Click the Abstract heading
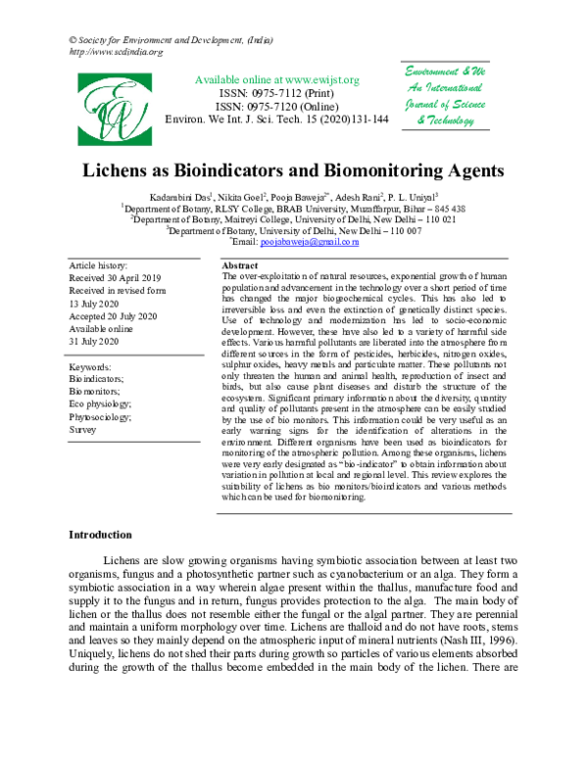pos(240,266)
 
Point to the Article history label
pos(98,266)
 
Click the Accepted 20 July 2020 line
pos(114,315)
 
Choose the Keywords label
pos(91,365)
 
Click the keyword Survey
pos(82,429)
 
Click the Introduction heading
pos(99,535)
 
